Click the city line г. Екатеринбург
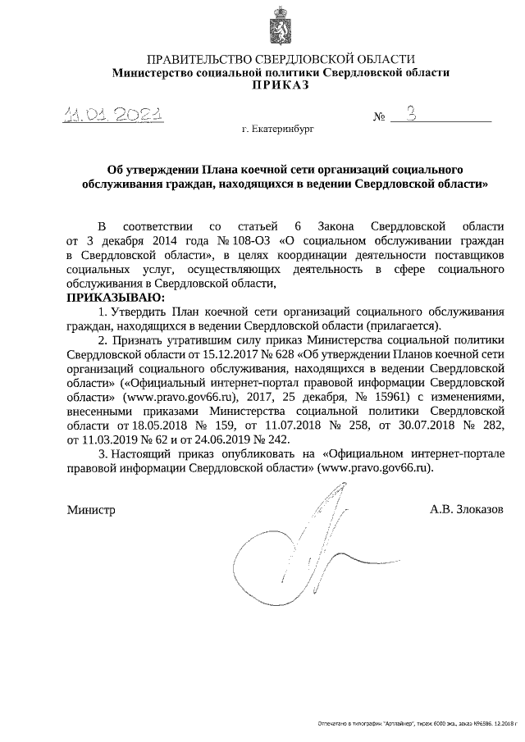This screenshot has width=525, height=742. (277, 129)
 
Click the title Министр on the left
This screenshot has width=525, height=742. (90, 508)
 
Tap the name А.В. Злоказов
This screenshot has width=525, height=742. (466, 508)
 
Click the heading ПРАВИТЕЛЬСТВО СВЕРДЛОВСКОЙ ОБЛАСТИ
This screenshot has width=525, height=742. (281, 59)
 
